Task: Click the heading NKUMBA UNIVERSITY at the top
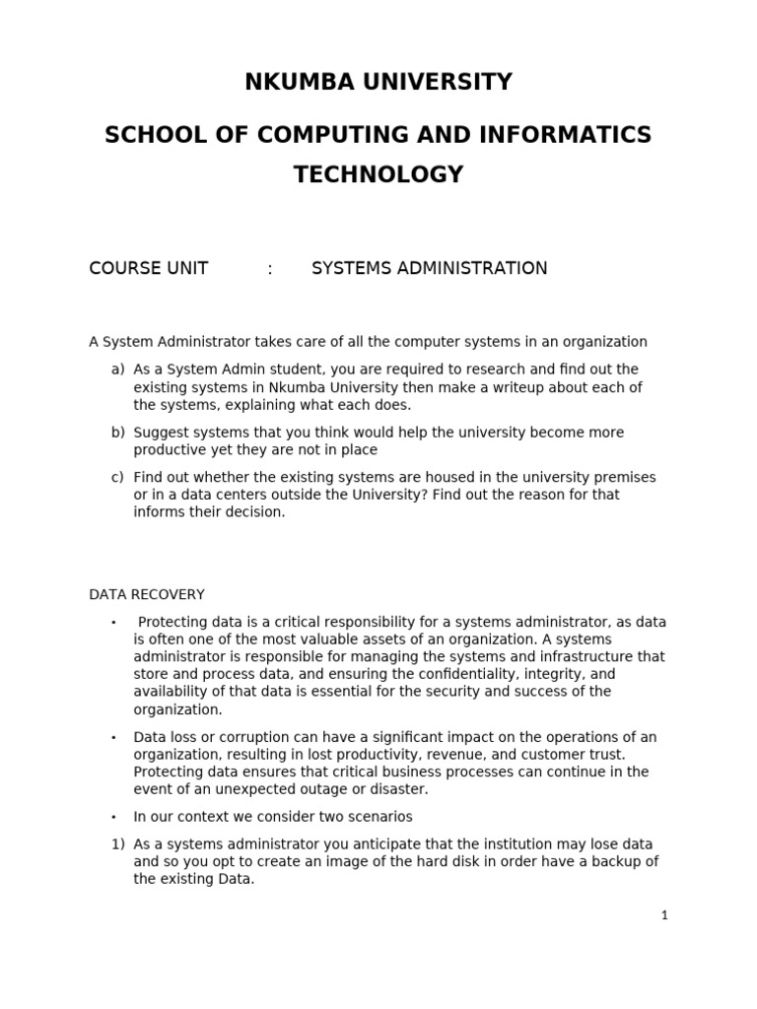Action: tap(378, 82)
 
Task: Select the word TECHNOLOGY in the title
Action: tap(378, 175)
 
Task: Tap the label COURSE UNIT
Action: tap(149, 268)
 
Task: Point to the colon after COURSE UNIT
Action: tap(270, 268)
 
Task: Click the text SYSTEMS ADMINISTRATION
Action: tap(429, 268)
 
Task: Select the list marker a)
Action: tap(118, 370)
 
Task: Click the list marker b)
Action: tap(118, 433)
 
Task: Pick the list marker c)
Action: tap(118, 477)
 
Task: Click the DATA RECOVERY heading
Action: tap(147, 594)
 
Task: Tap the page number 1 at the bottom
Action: tap(664, 915)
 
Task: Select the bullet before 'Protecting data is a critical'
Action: tap(113, 623)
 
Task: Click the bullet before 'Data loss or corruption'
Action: tap(113, 737)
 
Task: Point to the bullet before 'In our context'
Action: tap(113, 817)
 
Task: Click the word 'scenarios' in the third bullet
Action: tap(379, 817)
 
